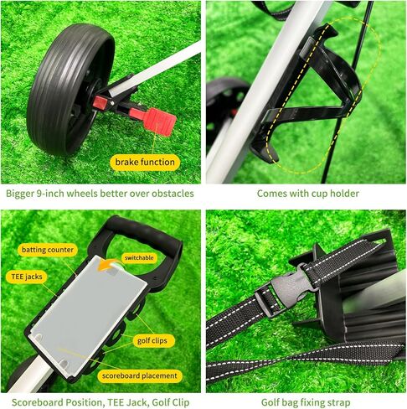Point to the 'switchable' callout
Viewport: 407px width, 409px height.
tap(138, 257)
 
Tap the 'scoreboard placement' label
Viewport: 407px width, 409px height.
tap(142, 375)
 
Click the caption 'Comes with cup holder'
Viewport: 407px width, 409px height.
tap(307, 194)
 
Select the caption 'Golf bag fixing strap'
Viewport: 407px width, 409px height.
tap(307, 401)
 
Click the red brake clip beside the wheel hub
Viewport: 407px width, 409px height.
tap(102, 102)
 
